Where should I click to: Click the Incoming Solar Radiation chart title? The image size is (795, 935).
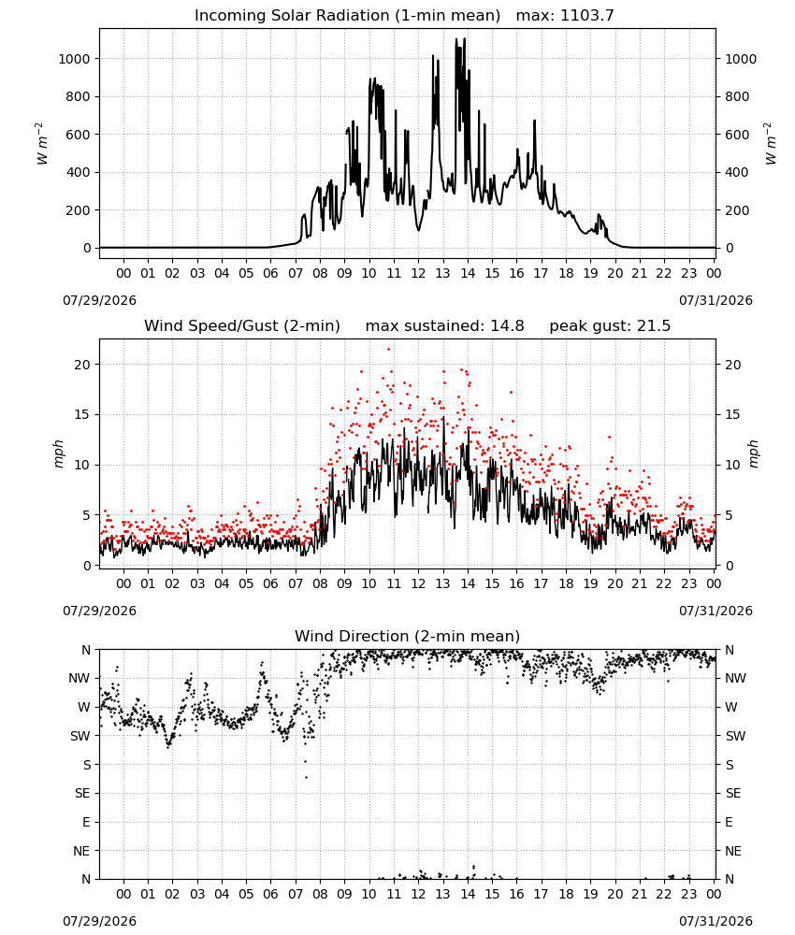[347, 16]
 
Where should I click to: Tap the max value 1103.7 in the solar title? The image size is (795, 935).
[586, 16]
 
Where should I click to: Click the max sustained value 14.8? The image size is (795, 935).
[507, 326]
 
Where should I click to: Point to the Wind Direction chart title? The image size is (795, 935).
[408, 636]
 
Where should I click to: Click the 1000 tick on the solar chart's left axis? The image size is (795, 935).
[74, 58]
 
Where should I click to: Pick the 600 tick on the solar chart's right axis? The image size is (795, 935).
[737, 135]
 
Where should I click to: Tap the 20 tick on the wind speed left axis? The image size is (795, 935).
[82, 365]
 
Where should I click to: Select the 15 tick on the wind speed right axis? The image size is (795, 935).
[733, 414]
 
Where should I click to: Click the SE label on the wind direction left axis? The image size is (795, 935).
[82, 793]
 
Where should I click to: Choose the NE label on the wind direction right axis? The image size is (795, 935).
[733, 851]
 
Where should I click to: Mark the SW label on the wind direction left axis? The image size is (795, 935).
[79, 736]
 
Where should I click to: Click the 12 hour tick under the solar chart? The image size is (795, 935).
[418, 273]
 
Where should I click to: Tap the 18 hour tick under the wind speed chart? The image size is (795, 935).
[566, 583]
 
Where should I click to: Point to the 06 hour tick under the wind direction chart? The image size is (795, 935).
[270, 894]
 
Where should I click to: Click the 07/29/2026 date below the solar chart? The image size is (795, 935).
[99, 300]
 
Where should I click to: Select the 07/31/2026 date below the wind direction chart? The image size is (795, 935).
[715, 921]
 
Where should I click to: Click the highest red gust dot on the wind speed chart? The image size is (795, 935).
[388, 350]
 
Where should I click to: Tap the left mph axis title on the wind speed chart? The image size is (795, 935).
[58, 453]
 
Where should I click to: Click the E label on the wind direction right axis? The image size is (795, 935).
[729, 822]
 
